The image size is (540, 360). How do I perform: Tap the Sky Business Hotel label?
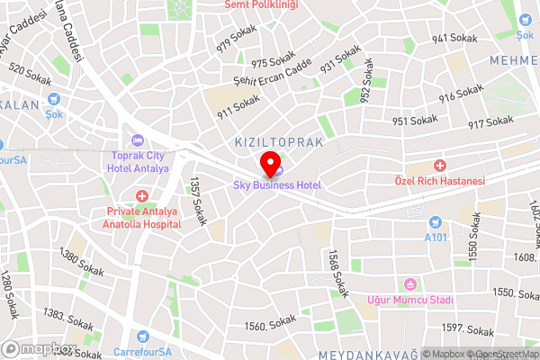277,184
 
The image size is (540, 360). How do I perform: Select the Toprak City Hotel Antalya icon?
138,139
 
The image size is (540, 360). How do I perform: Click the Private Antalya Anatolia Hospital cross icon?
141,196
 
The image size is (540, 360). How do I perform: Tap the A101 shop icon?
436,222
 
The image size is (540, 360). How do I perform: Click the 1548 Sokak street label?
338,273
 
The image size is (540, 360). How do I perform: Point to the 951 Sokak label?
415,121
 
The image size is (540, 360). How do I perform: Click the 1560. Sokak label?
270,322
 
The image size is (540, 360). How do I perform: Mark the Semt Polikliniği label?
262,5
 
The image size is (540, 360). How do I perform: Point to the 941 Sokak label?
452,39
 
